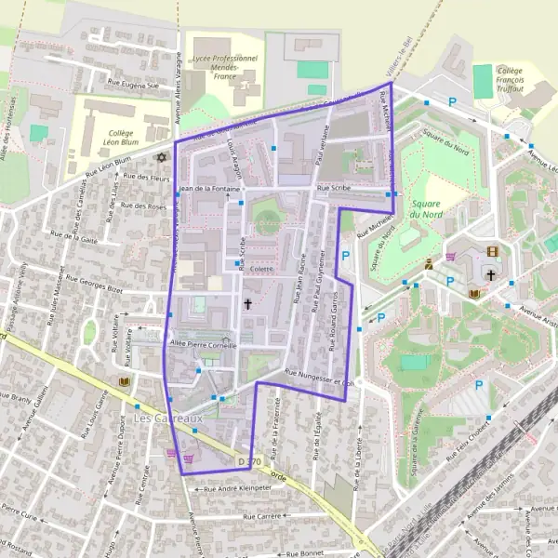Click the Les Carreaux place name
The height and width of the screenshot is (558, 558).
(x=168, y=419)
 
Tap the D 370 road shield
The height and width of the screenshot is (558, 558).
(x=247, y=461)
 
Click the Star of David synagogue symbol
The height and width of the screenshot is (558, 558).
(x=161, y=157)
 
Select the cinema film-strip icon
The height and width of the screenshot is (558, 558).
(x=492, y=251)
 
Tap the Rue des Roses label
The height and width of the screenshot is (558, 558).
(x=143, y=206)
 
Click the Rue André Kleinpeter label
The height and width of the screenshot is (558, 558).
(x=237, y=487)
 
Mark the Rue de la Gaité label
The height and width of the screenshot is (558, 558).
(x=77, y=239)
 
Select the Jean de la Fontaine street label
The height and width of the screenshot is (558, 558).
(x=209, y=189)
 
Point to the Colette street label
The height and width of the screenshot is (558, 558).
(x=261, y=269)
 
